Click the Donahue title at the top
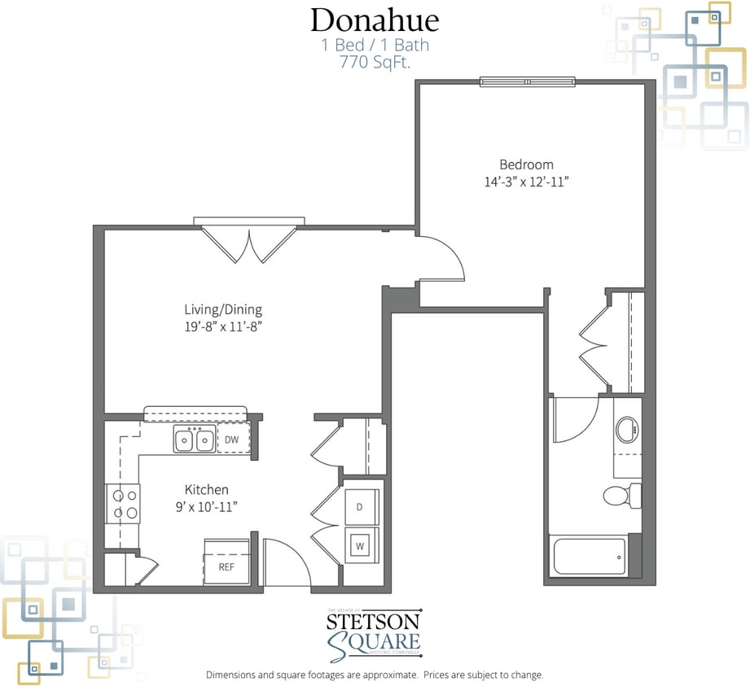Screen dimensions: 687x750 375,20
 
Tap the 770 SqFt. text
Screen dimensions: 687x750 375,61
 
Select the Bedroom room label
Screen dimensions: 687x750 526,164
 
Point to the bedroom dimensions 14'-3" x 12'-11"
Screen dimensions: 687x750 526,182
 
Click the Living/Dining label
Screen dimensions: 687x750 222,309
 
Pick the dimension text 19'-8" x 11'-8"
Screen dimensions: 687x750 222,326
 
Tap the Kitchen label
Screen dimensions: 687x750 206,489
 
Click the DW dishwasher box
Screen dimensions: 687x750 231,440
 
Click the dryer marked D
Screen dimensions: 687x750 359,506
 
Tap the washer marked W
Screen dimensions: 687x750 359,546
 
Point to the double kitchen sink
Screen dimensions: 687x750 194,440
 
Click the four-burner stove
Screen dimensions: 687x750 122,503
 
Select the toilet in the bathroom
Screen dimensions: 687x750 621,495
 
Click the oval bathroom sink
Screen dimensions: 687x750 626,430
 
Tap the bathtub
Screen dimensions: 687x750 590,557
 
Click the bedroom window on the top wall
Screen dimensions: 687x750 527,81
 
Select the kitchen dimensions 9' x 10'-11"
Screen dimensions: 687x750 206,506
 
